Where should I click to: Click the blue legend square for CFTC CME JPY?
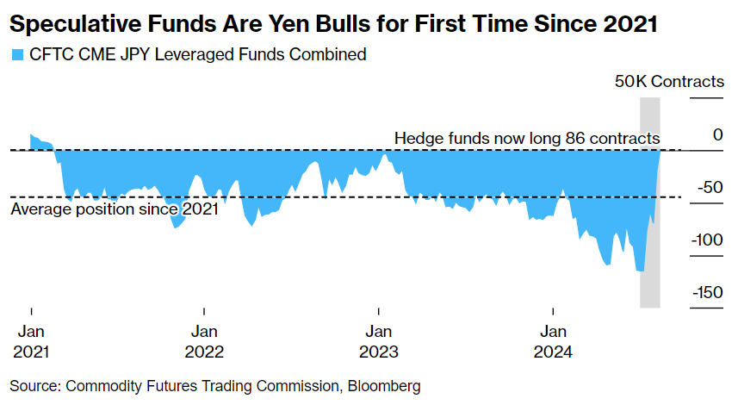(x=16, y=55)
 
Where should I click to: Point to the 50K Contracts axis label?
(x=669, y=82)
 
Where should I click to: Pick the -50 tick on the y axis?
(x=710, y=187)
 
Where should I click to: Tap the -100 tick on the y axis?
(x=707, y=239)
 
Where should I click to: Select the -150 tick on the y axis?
(x=707, y=291)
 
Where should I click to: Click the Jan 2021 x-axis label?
(x=31, y=341)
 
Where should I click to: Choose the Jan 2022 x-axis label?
(x=204, y=341)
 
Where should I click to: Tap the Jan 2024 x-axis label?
(x=552, y=341)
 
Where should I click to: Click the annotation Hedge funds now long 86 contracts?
(x=527, y=138)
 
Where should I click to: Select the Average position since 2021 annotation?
(x=114, y=208)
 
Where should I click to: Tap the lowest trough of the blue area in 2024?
(x=640, y=271)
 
